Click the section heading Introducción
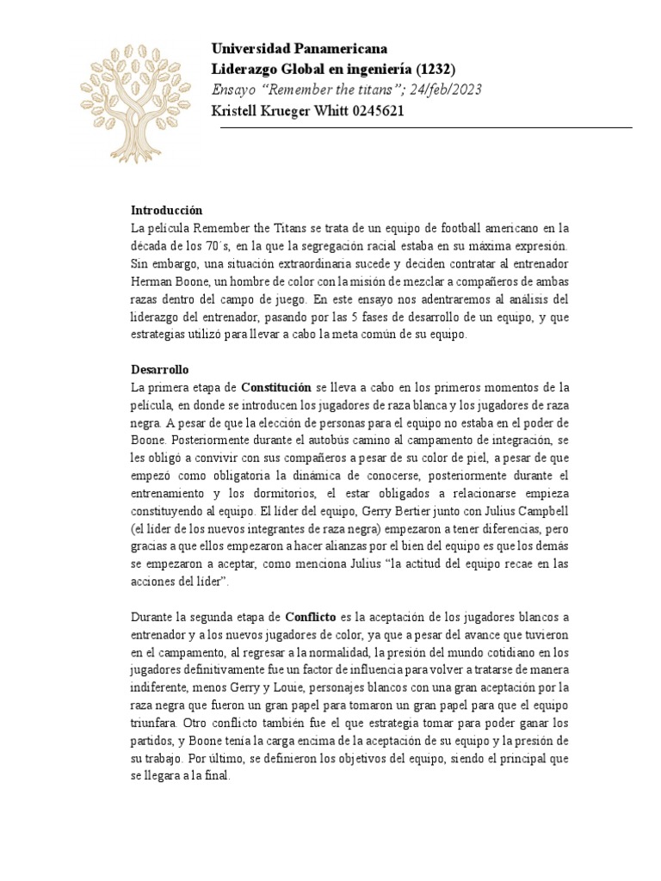pyautogui.click(x=166, y=210)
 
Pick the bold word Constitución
pyautogui.click(x=275, y=388)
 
